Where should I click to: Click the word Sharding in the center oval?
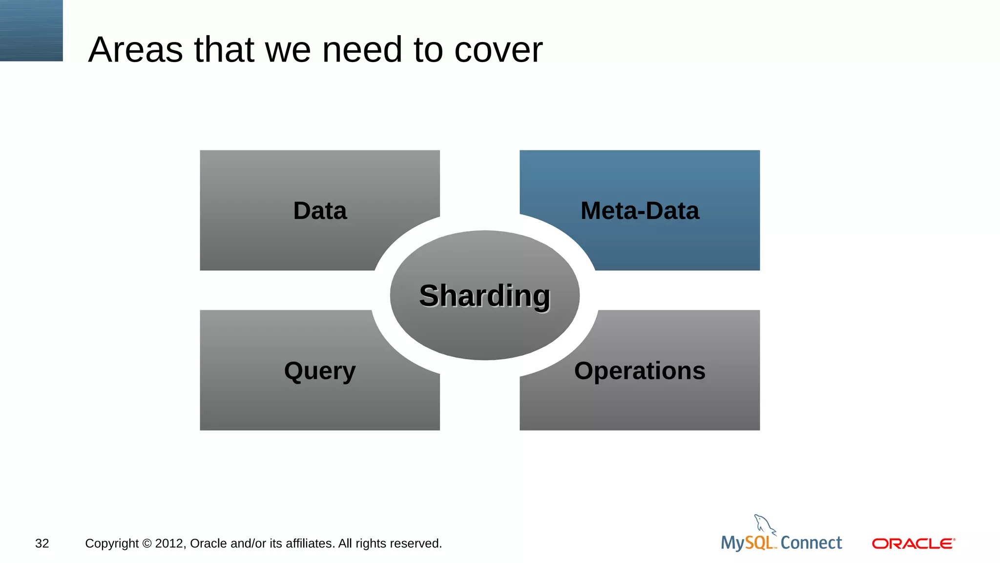484,296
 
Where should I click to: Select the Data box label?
320,211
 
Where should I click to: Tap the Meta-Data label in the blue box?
640,211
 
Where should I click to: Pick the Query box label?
320,371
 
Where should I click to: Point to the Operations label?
640,371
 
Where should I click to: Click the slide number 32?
42,543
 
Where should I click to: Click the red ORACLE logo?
913,543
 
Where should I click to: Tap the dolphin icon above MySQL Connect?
764,524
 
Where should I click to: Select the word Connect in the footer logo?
811,543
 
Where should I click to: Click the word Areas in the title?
135,50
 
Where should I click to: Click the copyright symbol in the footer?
147,543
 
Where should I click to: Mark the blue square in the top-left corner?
31,30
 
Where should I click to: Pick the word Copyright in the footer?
112,543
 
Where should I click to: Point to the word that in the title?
224,50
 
